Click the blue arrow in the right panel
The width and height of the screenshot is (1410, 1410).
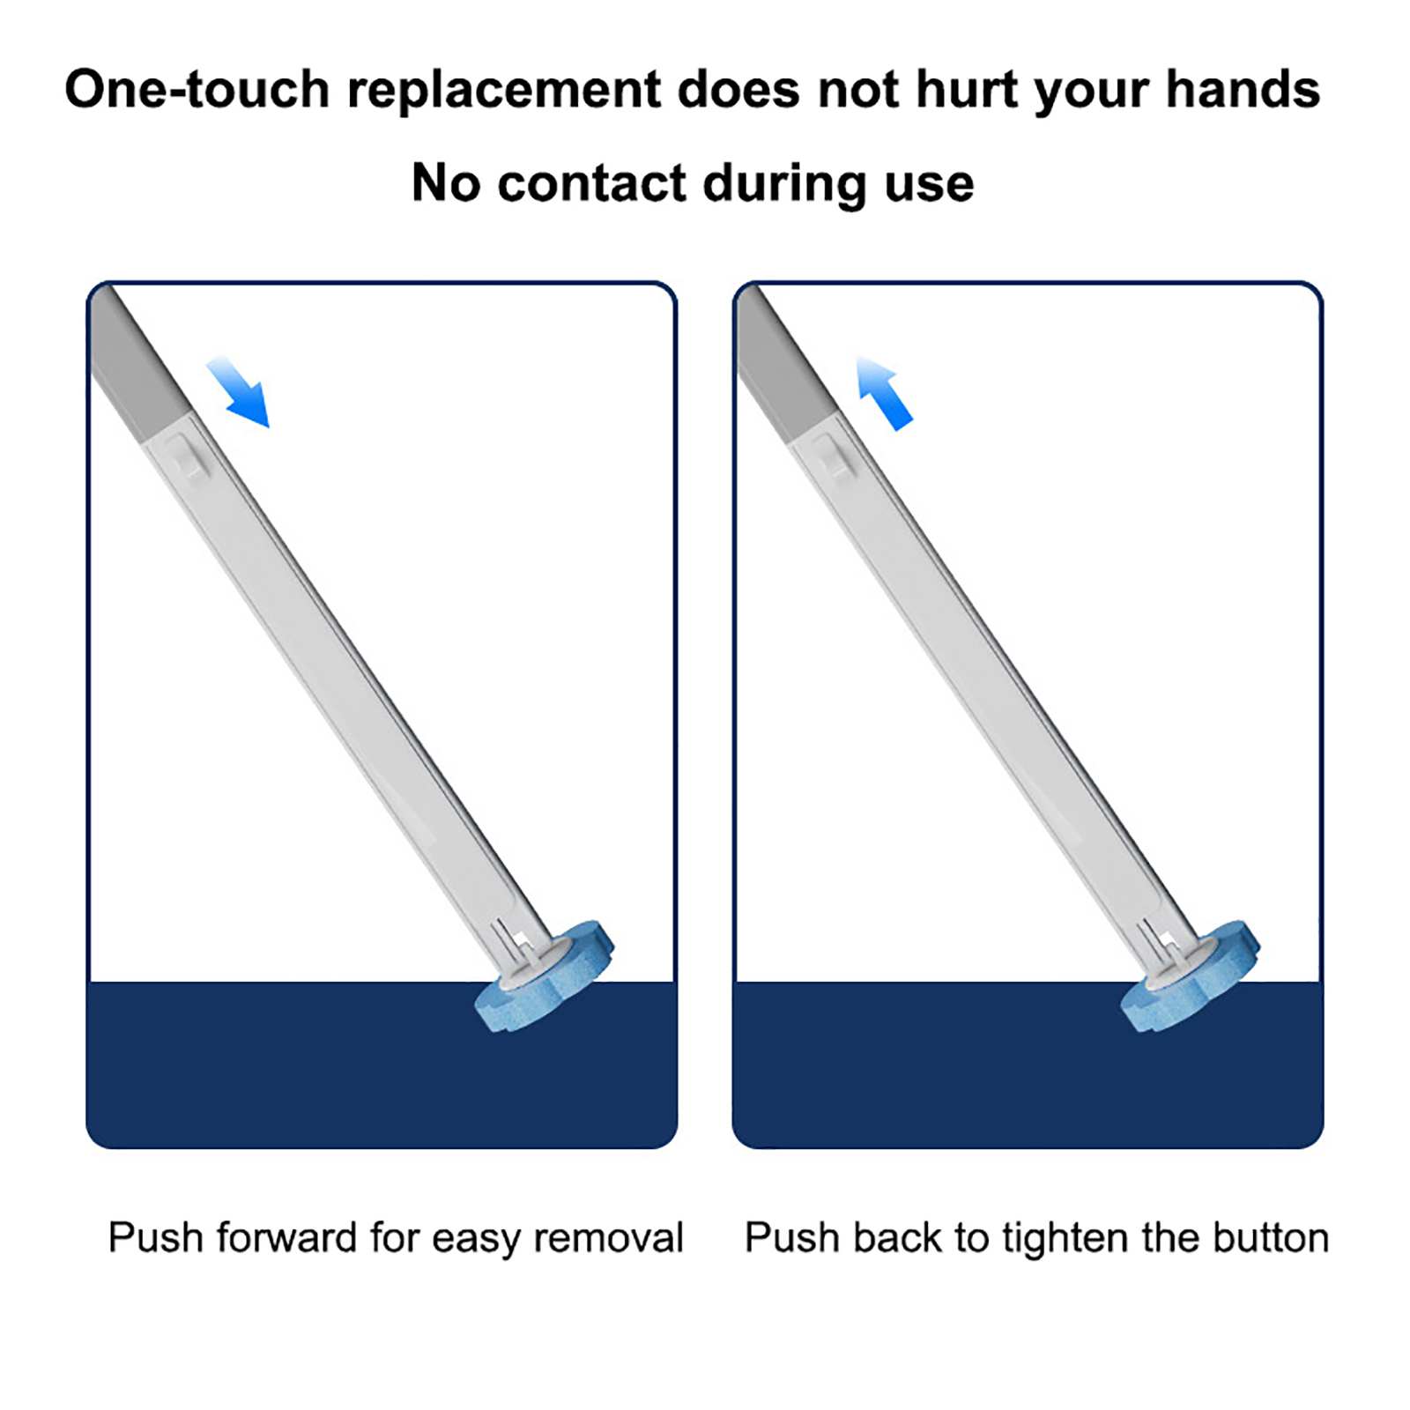[884, 393]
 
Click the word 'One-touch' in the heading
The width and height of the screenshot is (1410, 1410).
[197, 90]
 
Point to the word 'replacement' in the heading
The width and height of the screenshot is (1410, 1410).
[504, 92]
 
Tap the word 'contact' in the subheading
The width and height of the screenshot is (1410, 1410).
[591, 184]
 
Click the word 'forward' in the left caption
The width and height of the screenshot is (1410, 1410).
[286, 1237]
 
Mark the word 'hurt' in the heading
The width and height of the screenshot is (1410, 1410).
[967, 90]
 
